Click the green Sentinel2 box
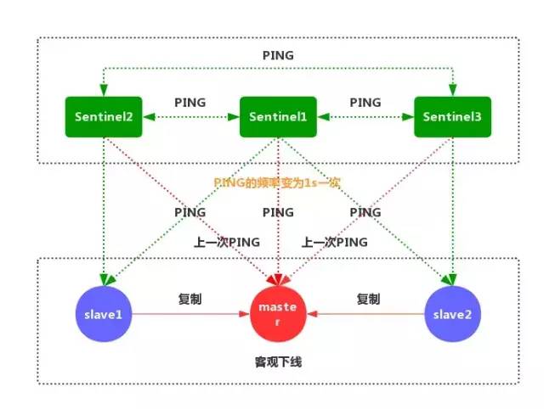pyautogui.click(x=103, y=118)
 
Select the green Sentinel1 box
pyautogui.click(x=278, y=118)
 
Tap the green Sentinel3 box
pyautogui.click(x=452, y=118)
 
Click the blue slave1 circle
pyautogui.click(x=103, y=313)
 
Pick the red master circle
pyautogui.click(x=278, y=313)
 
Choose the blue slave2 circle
pyautogui.click(x=452, y=313)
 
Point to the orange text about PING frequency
pyautogui.click(x=277, y=182)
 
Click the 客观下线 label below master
pyautogui.click(x=278, y=361)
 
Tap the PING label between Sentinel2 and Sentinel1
pyautogui.click(x=190, y=101)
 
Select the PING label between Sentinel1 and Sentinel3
pyautogui.click(x=365, y=101)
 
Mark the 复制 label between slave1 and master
pyautogui.click(x=190, y=299)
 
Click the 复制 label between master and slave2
pyautogui.click(x=368, y=299)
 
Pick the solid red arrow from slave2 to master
pyautogui.click(x=365, y=314)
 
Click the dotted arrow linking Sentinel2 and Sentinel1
pyautogui.click(x=190, y=119)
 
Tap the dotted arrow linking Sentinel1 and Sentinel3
pyautogui.click(x=365, y=119)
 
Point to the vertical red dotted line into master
pyautogui.click(x=278, y=246)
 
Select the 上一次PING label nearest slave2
pyautogui.click(x=334, y=242)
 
